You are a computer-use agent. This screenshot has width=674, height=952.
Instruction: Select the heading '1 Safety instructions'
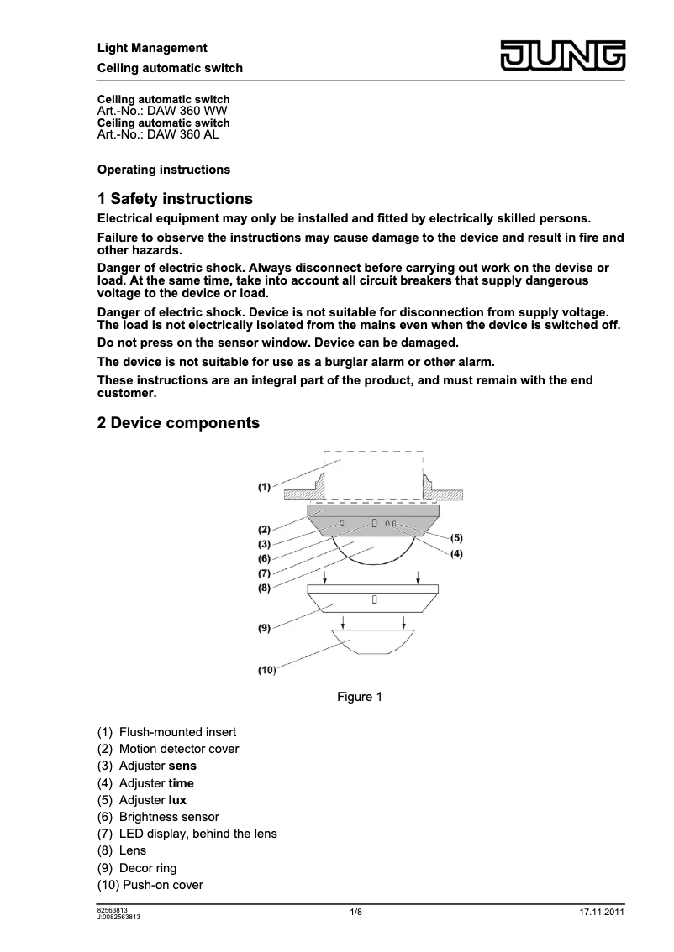(175, 199)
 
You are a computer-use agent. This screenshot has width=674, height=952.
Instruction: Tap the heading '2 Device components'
(178, 423)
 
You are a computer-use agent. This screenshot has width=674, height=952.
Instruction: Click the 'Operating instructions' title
(164, 170)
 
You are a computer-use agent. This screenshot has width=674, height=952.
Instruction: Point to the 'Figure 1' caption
(360, 697)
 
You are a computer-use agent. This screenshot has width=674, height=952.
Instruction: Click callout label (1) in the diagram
(264, 486)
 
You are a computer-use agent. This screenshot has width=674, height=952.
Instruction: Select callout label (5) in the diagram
(456, 537)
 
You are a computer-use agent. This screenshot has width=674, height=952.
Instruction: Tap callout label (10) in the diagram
(267, 670)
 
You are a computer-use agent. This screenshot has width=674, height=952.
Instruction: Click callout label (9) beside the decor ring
(264, 626)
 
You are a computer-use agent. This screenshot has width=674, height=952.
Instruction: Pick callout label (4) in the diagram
(456, 554)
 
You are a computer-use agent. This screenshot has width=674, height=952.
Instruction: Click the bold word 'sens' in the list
(182, 766)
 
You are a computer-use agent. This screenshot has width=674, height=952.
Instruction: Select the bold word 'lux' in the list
(177, 800)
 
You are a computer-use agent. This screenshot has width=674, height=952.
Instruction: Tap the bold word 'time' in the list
(181, 783)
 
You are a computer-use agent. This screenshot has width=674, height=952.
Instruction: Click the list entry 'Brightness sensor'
(169, 817)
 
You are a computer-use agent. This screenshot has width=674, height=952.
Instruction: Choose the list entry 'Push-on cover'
(163, 885)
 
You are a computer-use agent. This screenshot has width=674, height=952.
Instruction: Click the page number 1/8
(356, 913)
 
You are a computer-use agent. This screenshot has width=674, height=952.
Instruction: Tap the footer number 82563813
(113, 909)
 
